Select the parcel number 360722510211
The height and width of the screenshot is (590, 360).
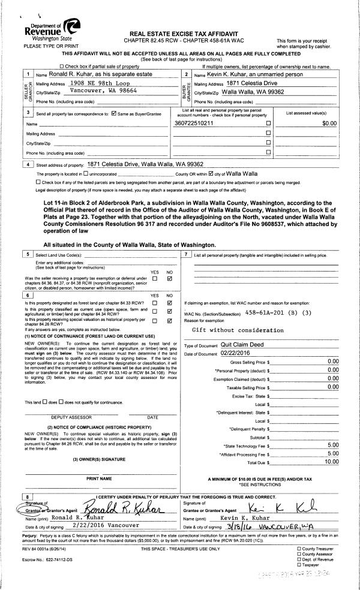194,140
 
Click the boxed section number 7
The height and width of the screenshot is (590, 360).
187,255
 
